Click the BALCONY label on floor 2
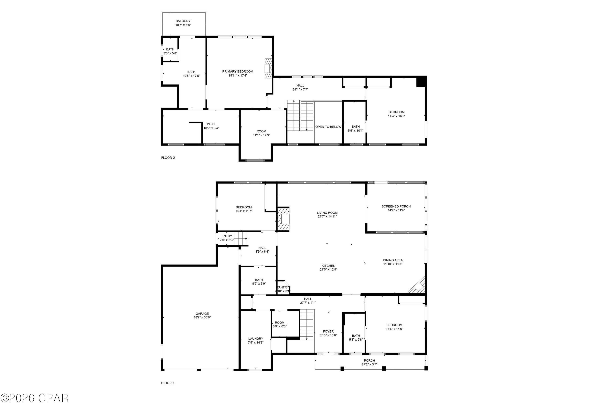point(183,21)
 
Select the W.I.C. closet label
point(211,124)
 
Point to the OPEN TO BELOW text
point(328,127)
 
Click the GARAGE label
point(202,314)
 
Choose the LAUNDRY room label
point(256,339)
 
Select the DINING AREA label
point(393,260)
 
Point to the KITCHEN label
point(328,266)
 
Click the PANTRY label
point(283,287)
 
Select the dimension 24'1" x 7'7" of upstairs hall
point(300,90)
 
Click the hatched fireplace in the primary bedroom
point(268,68)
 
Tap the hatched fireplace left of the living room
point(283,219)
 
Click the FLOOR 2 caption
point(168,158)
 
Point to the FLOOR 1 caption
point(168,383)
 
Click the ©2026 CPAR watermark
point(35,398)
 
